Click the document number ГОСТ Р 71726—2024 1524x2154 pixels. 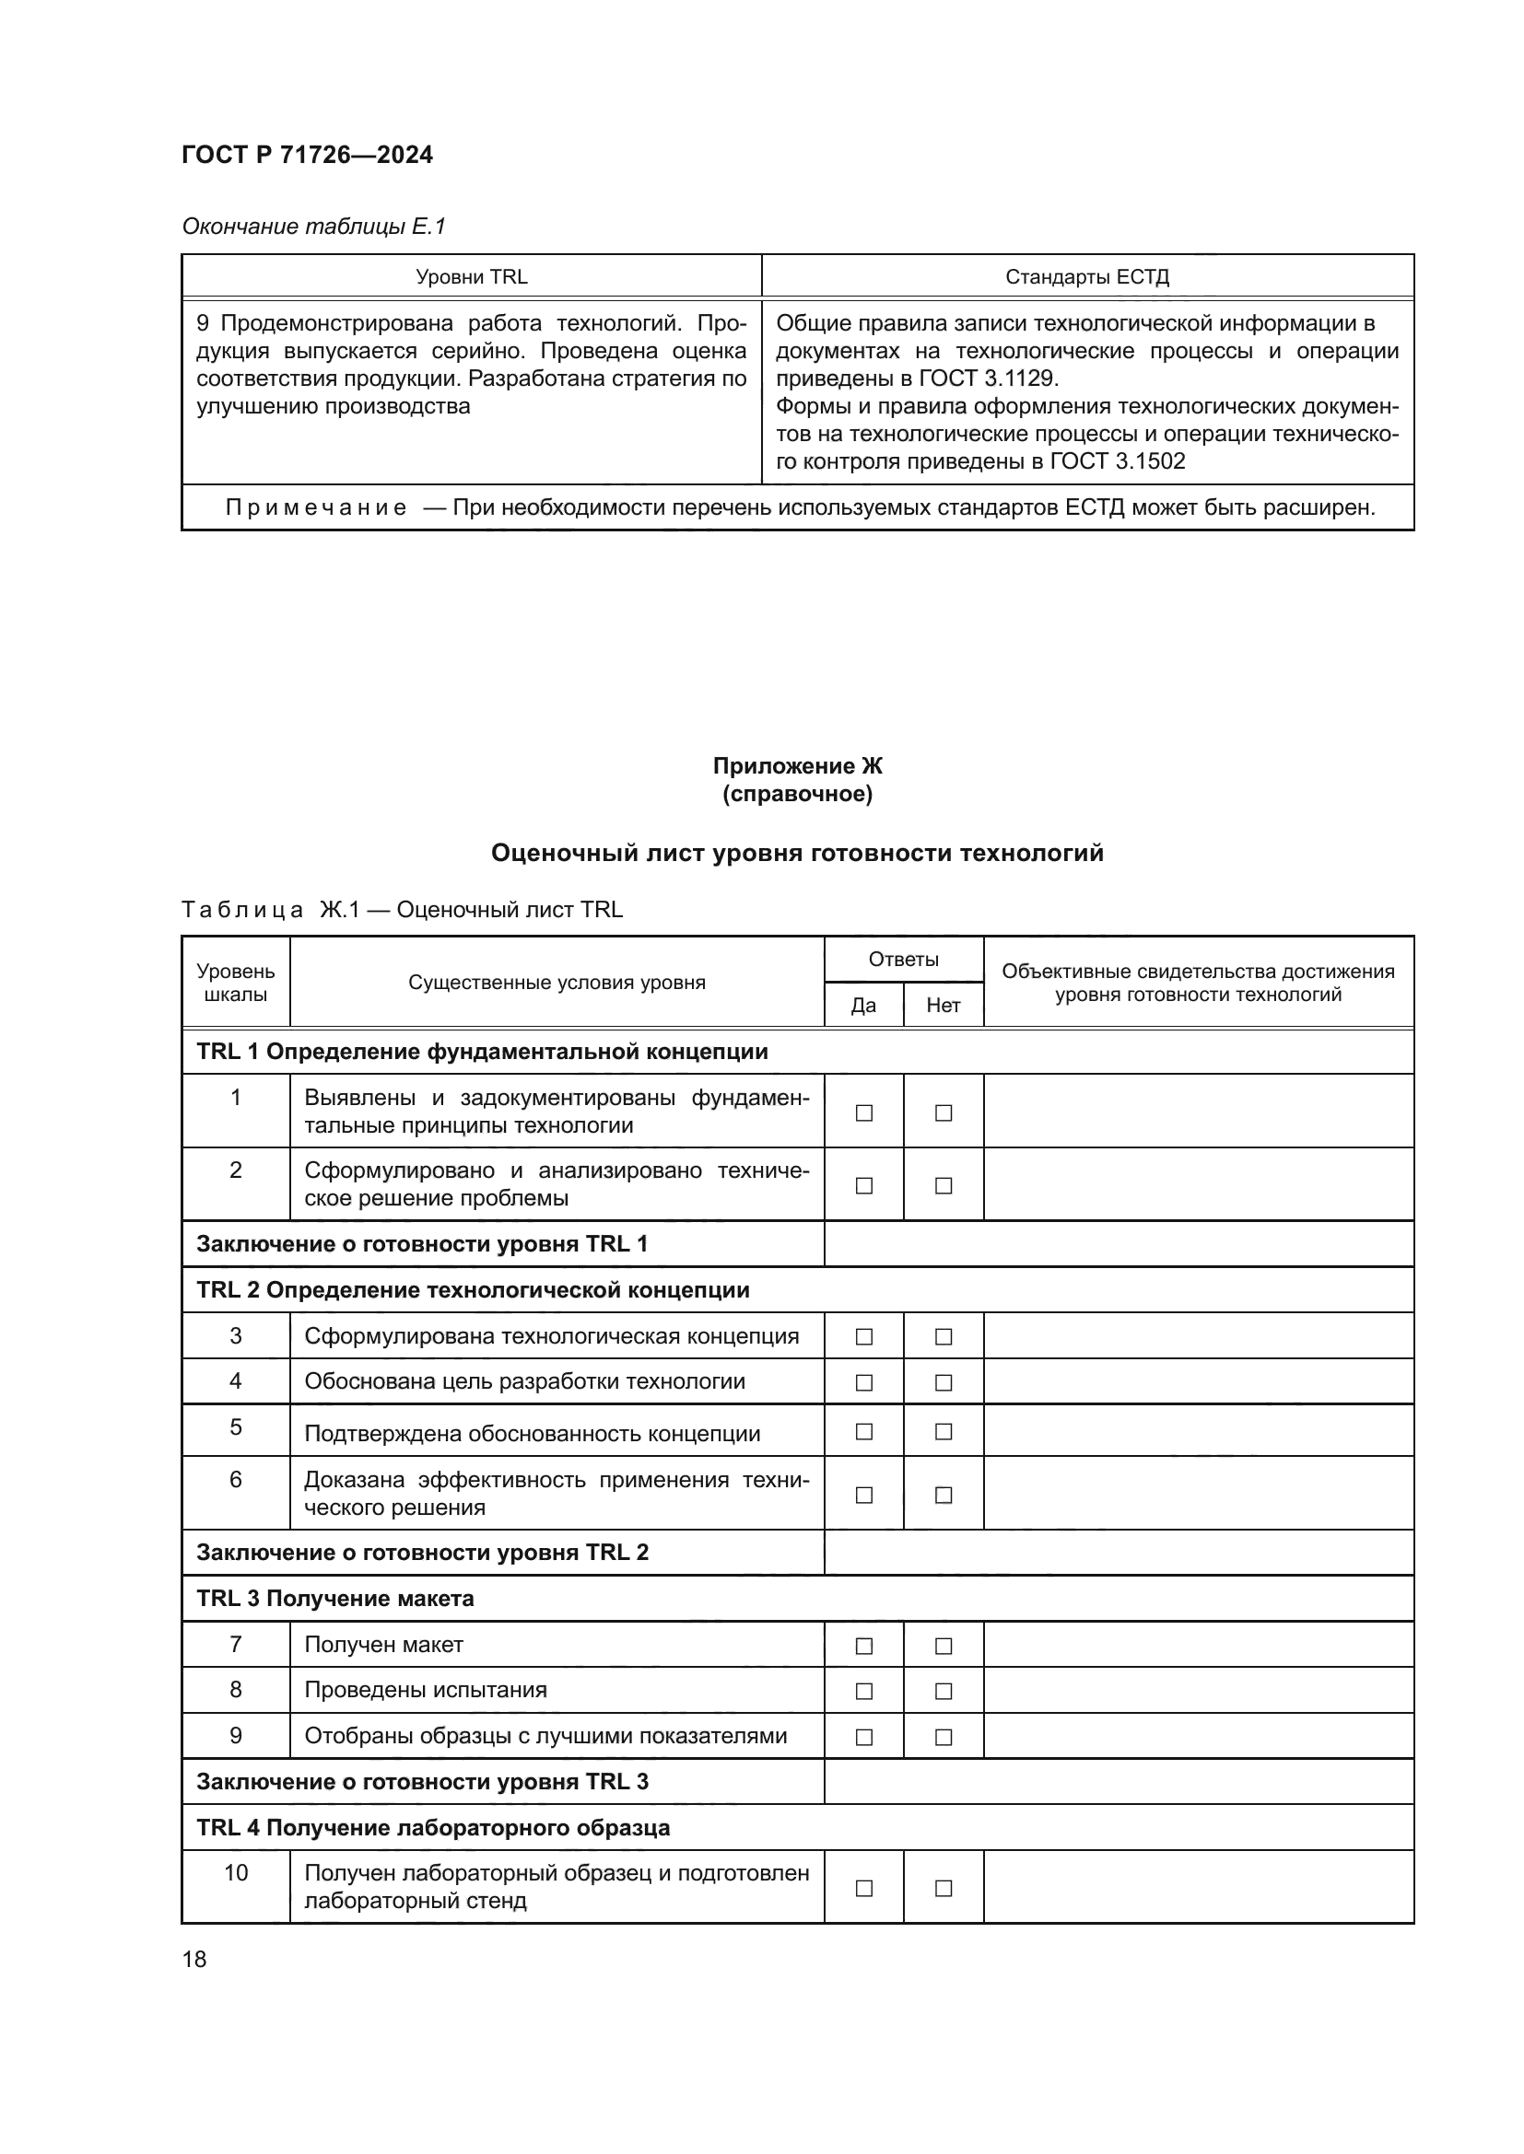pyautogui.click(x=307, y=155)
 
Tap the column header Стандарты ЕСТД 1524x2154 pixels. pyautogui.click(x=1086, y=277)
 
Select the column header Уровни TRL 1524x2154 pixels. pyautogui.click(x=471, y=277)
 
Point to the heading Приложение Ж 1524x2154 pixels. pyautogui.click(x=797, y=765)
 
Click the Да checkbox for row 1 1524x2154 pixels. pyautogui.click(x=863, y=1112)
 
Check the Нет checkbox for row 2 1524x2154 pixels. pyautogui.click(x=944, y=1186)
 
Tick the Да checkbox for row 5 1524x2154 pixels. pyautogui.click(x=863, y=1432)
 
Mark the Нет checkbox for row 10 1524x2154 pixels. pyautogui.click(x=944, y=1888)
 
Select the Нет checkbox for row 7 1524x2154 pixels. pyautogui.click(x=944, y=1646)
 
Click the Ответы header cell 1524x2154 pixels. pyautogui.click(x=903, y=959)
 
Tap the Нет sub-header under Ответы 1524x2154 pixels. pyautogui.click(x=944, y=1005)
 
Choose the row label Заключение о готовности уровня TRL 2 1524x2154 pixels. pyautogui.click(x=422, y=1552)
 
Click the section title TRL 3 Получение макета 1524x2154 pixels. pyautogui.click(x=335, y=1599)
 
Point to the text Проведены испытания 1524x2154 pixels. pyautogui.click(x=425, y=1690)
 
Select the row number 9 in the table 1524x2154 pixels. pyautogui.click(x=236, y=1736)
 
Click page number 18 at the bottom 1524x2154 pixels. pyautogui.click(x=194, y=1959)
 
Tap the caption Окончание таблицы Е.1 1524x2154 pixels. pyautogui.click(x=313, y=227)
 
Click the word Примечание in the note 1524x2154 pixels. pyautogui.click(x=316, y=507)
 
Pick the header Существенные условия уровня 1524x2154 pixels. pyautogui.click(x=557, y=983)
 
